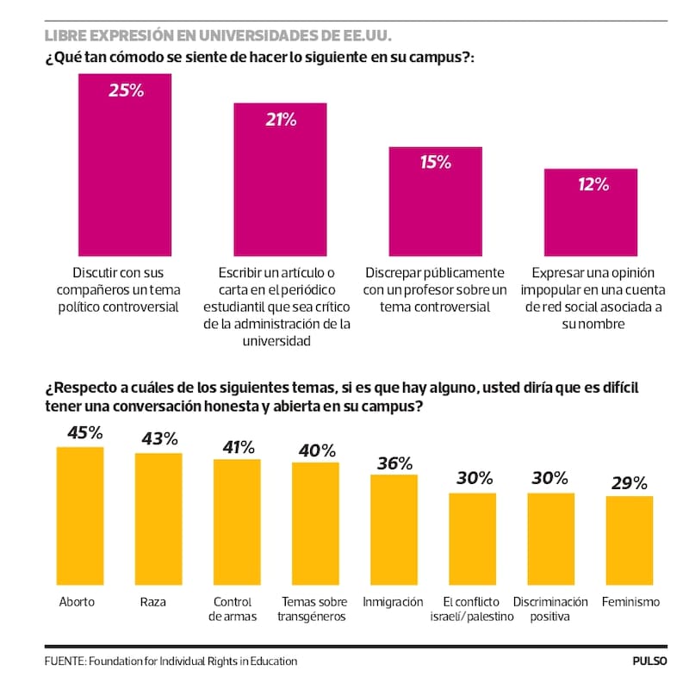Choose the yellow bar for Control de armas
point(237,521)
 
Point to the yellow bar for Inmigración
point(394,529)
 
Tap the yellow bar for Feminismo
point(629,539)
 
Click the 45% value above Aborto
point(79,433)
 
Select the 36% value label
point(394,462)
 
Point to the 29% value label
point(629,483)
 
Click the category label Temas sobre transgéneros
point(314,609)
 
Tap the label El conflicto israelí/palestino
point(472,609)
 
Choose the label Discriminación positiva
point(550,609)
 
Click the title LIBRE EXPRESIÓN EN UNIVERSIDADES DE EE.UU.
point(218,36)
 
